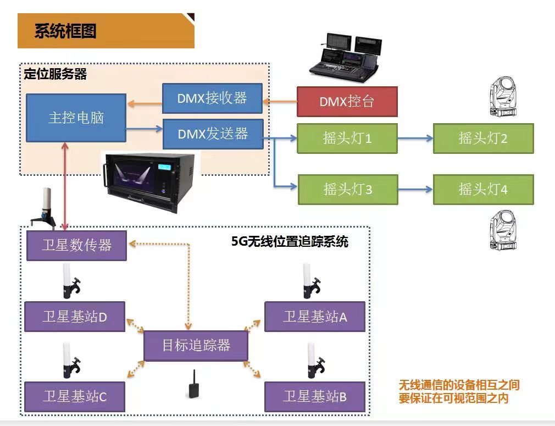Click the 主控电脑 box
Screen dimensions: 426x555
(x=76, y=118)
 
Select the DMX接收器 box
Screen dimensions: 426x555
(x=213, y=98)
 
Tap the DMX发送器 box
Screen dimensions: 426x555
(x=213, y=134)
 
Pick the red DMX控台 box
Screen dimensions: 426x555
(x=347, y=102)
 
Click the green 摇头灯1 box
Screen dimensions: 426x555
(x=347, y=139)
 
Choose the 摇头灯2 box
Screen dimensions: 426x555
(x=483, y=139)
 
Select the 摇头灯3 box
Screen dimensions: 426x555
(x=347, y=190)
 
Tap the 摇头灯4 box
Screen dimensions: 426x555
(x=483, y=190)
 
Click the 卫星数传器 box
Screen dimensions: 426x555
(x=76, y=245)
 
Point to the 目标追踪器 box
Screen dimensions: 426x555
(x=196, y=346)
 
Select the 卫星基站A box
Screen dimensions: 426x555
(x=315, y=317)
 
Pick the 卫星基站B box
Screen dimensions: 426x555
(x=315, y=396)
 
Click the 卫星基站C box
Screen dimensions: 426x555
(x=75, y=396)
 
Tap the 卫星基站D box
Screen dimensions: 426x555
(x=75, y=317)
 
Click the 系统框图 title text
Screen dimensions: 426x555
(x=65, y=31)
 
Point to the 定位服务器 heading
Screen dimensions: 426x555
(x=55, y=74)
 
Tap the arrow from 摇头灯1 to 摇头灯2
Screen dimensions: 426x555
(x=415, y=139)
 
